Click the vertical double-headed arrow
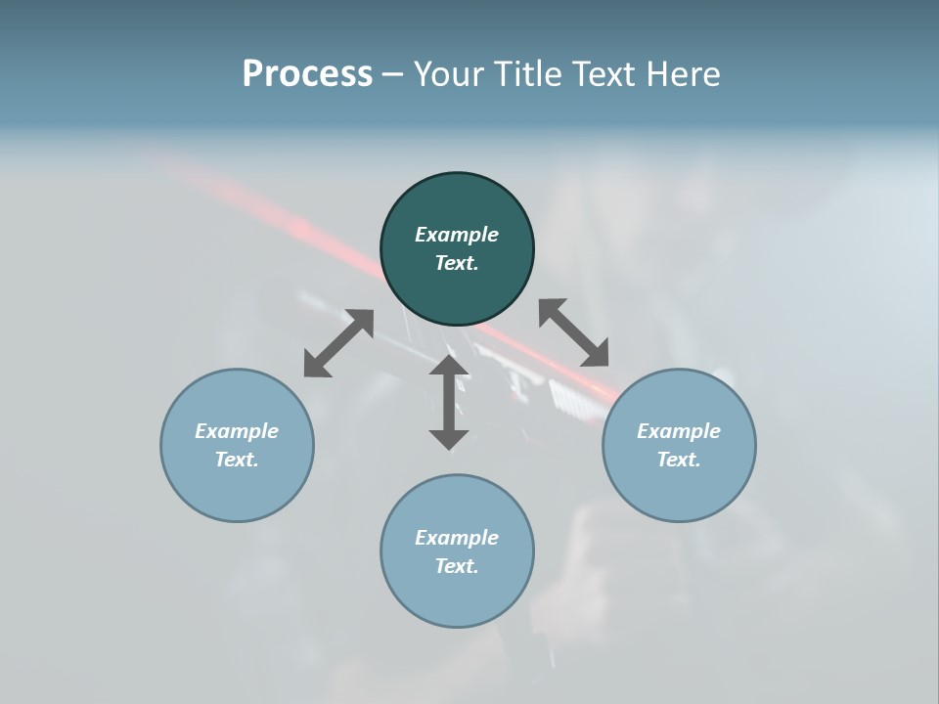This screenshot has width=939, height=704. click(x=449, y=402)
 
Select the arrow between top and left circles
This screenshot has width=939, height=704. click(x=338, y=343)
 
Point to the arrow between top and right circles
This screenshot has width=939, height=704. click(x=573, y=332)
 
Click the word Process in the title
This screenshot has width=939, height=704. click(x=307, y=73)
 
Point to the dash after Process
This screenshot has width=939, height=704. click(x=392, y=74)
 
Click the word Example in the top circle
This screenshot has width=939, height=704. click(x=457, y=235)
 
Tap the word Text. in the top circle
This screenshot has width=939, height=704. click(x=457, y=263)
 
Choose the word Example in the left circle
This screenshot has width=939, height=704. click(x=237, y=431)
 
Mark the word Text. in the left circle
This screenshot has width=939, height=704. click(x=237, y=460)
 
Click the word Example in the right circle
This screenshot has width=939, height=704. click(x=679, y=431)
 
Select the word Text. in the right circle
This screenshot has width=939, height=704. click(x=679, y=460)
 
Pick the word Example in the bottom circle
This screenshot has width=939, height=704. click(x=457, y=538)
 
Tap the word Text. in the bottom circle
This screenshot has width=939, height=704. click(x=457, y=566)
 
